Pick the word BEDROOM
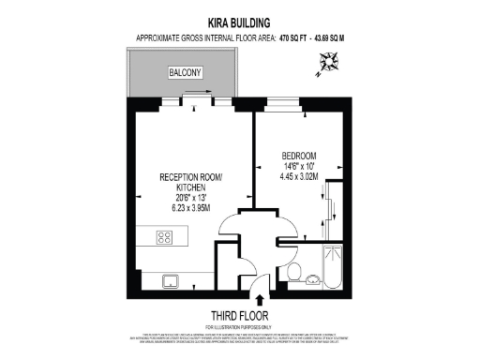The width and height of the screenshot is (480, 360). (298, 155)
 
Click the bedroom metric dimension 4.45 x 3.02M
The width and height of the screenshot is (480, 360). (300, 175)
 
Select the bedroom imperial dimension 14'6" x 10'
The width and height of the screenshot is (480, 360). (299, 165)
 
